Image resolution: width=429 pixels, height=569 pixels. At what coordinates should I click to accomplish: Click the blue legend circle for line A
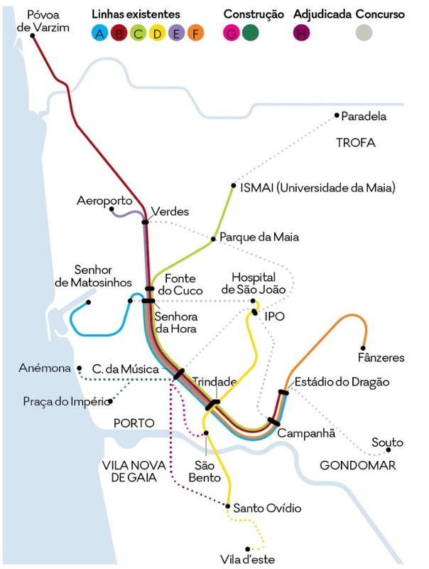click(99, 33)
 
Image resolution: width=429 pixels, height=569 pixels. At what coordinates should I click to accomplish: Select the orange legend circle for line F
click(195, 33)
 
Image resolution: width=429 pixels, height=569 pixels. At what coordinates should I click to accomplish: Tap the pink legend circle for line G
click(231, 33)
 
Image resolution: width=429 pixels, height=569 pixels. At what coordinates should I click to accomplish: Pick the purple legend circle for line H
click(301, 33)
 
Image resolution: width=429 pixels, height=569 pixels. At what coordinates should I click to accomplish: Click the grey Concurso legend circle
click(364, 33)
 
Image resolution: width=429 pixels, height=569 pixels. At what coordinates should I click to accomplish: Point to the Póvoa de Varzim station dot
click(32, 36)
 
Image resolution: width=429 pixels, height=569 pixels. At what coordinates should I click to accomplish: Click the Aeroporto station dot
click(112, 209)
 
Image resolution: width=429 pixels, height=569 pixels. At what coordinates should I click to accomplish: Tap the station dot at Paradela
click(337, 115)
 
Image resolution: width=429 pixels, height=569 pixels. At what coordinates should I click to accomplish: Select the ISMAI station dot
click(234, 186)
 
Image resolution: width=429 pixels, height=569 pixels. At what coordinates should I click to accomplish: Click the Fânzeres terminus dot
click(363, 348)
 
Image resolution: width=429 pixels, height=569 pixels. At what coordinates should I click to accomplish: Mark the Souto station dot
click(389, 450)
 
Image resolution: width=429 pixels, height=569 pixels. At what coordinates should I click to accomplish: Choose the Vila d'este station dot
click(247, 549)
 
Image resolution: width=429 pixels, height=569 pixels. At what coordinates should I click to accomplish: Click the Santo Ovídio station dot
click(227, 506)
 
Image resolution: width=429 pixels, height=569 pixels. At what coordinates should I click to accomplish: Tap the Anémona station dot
click(80, 368)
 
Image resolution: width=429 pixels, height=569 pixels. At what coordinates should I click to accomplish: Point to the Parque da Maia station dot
click(213, 239)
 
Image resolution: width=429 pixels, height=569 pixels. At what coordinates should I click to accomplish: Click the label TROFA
click(355, 143)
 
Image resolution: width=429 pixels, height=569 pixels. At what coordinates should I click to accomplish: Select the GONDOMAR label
click(358, 465)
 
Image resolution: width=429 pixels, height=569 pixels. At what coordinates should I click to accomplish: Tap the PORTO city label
click(134, 423)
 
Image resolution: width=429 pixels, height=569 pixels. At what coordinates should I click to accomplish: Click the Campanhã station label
click(306, 433)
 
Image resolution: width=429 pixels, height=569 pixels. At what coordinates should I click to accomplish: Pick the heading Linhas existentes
click(136, 14)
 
